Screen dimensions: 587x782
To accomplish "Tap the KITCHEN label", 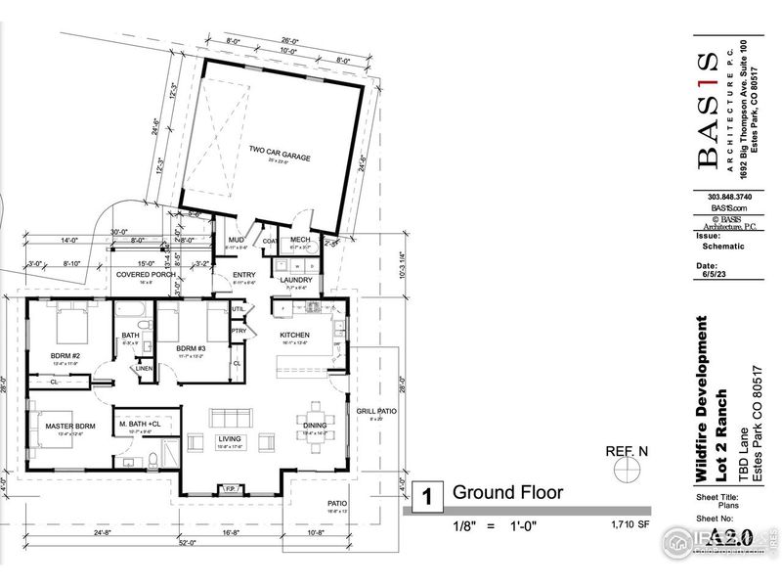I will pyautogui.click(x=295, y=335).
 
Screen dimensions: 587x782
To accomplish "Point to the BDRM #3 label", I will pyautogui.click(x=191, y=348).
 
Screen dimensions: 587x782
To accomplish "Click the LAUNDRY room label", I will pyautogui.click(x=296, y=280).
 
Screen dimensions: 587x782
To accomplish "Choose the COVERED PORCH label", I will pyautogui.click(x=146, y=275).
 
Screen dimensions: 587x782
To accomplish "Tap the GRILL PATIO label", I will pyautogui.click(x=376, y=411).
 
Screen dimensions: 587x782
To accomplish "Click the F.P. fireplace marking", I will pyautogui.click(x=233, y=486).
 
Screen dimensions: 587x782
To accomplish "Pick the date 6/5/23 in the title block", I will pyautogui.click(x=707, y=276).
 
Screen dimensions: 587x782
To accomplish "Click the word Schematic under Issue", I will pyautogui.click(x=722, y=247).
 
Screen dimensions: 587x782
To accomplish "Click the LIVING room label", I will pyautogui.click(x=229, y=439).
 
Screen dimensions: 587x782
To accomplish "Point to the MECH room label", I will pyautogui.click(x=299, y=241).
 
